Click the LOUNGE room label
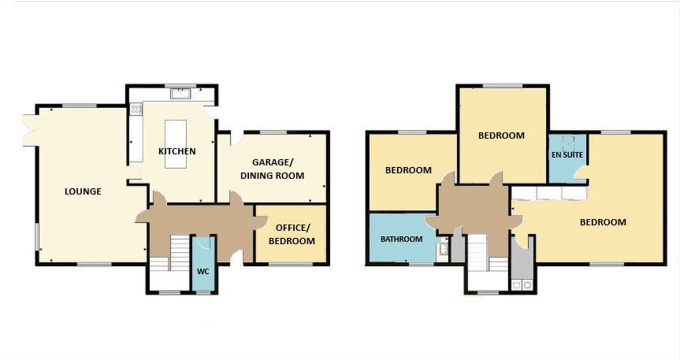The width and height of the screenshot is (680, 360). tap(83, 192)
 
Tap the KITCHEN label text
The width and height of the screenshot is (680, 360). tap(177, 151)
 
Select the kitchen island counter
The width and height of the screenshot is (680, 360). tap(176, 144)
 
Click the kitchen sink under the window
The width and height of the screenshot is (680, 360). tap(180, 94)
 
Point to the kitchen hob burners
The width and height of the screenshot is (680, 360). tap(135, 109)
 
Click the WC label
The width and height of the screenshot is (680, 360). tap(203, 272)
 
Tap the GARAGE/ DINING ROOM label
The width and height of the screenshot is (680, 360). tap(273, 169)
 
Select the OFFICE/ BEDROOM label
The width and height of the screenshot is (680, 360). tap(292, 234)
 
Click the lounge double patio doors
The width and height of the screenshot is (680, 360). tap(29, 130)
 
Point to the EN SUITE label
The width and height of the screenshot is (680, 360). tap(567, 155)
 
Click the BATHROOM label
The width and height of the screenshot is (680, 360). tap(401, 239)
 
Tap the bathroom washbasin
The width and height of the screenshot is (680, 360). tap(443, 249)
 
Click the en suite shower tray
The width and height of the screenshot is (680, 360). tap(568, 143)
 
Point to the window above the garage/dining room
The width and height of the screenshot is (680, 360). tap(274, 132)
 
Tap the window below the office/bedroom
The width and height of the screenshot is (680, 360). tap(291, 264)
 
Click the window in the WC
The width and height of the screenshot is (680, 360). tap(203, 293)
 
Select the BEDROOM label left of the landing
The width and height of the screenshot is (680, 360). tap(409, 170)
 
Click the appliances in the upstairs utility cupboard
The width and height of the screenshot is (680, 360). tap(522, 285)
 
